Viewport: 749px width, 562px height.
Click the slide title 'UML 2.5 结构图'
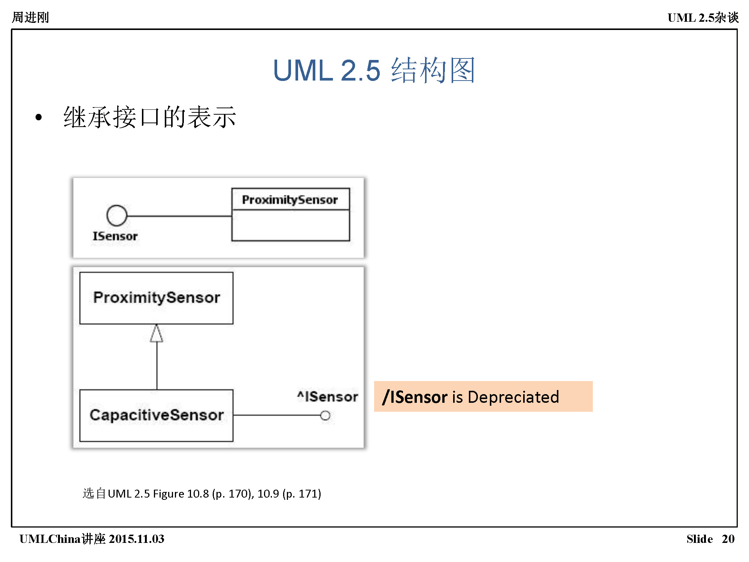tap(374, 70)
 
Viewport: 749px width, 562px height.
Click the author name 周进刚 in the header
tap(30, 17)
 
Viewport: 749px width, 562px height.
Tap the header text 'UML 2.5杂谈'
tap(703, 17)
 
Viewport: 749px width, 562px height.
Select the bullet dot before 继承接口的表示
tap(39, 117)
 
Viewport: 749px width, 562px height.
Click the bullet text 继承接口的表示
tap(150, 117)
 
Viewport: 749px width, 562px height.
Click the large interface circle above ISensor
tap(117, 215)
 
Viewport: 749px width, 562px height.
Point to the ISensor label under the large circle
tap(115, 236)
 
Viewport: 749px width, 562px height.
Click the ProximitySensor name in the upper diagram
tap(290, 200)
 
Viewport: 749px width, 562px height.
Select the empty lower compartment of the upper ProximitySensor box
tap(291, 225)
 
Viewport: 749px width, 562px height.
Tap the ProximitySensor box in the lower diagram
tap(157, 298)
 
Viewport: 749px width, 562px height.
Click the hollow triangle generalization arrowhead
tap(157, 333)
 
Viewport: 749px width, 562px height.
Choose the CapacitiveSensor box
tap(157, 415)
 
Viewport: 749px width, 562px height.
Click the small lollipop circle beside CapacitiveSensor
tap(325, 416)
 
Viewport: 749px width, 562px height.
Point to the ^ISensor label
tap(328, 396)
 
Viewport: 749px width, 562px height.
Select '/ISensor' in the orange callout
tap(415, 397)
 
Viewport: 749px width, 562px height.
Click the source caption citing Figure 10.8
tap(202, 493)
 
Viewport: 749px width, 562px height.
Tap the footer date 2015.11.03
tap(137, 539)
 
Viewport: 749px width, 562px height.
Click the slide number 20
tap(728, 539)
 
